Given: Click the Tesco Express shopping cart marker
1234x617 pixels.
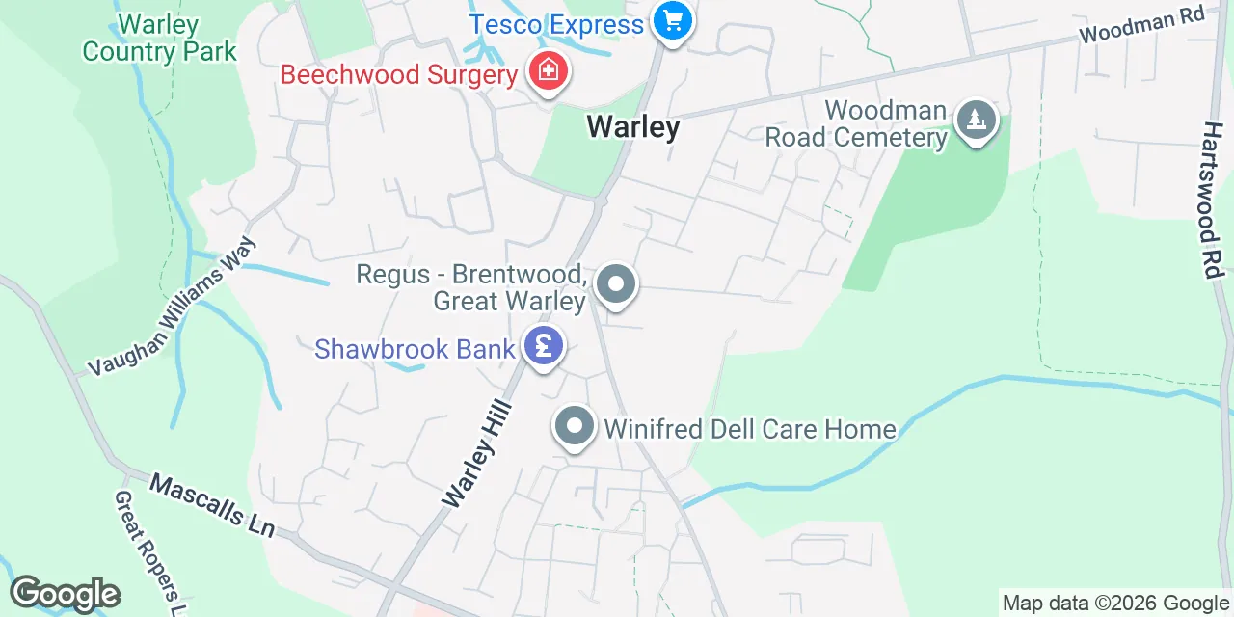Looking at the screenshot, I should coord(671,20).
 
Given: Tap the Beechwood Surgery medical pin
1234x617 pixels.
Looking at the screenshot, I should coord(548,71).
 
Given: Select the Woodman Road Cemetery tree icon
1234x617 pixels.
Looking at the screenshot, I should coord(977,121).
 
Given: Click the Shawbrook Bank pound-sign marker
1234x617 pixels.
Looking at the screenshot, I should coord(544,345).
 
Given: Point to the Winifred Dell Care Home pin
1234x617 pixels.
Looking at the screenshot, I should coord(575,425).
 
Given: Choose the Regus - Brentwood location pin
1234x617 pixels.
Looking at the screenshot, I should coord(615,285).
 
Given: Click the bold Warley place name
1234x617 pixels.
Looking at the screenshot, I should coord(632,126).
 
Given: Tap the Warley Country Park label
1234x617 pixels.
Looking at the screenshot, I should coord(159,38).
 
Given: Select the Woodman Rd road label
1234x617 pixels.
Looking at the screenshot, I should coord(1142,26).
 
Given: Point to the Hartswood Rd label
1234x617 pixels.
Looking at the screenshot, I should coord(1211,201).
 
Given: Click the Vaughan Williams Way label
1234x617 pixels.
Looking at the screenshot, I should coord(174,307).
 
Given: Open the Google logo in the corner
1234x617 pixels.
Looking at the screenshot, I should coord(65,594).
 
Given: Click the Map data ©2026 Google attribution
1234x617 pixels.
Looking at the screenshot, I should coord(1115,604).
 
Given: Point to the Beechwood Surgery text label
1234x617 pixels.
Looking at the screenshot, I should coord(399,74).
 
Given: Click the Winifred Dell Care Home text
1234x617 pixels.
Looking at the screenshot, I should coord(750,428).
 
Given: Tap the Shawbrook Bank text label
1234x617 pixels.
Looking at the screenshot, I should coord(415,348).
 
